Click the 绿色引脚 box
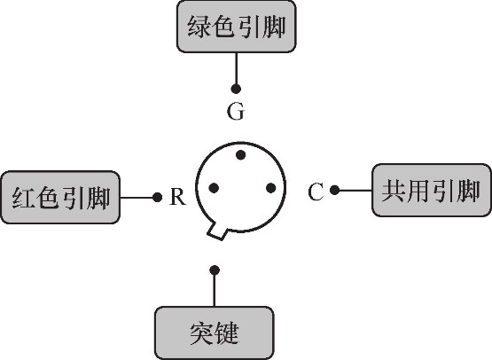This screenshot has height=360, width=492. (237, 27)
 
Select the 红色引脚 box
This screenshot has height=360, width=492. (60, 198)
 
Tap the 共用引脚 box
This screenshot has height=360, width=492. (432, 191)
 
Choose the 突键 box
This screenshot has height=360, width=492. (215, 333)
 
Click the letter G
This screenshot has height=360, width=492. (236, 112)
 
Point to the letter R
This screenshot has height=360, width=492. (178, 197)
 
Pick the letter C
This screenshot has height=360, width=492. (316, 192)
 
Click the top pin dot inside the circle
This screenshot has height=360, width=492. (240, 155)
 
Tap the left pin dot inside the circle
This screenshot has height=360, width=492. (214, 188)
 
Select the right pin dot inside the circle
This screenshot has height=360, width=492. (270, 188)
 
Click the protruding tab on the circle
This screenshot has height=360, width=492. (217, 231)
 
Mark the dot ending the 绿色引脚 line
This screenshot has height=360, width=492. (236, 89)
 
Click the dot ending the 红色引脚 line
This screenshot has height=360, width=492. (157, 198)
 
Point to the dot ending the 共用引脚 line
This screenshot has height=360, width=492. (335, 190)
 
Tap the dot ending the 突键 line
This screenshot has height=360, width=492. (215, 270)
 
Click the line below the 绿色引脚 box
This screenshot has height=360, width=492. (237, 68)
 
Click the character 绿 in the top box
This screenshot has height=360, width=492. (199, 27)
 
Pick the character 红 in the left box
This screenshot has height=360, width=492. (23, 198)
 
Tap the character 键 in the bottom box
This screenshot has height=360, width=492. (228, 333)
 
